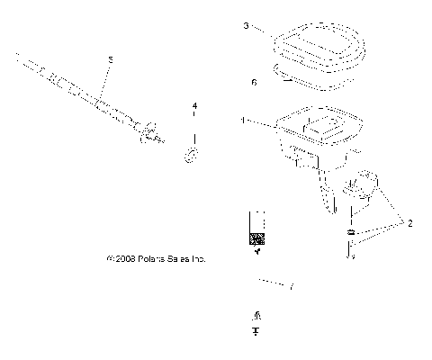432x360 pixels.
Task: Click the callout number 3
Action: pyautogui.click(x=245, y=27)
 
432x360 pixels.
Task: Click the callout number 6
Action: pyautogui.click(x=255, y=82)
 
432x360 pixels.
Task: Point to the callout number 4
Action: pyautogui.click(x=193, y=106)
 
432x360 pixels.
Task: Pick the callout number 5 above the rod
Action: pyautogui.click(x=110, y=59)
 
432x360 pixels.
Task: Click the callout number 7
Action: pyautogui.click(x=291, y=287)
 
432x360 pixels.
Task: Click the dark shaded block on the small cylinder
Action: pyautogui.click(x=258, y=239)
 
